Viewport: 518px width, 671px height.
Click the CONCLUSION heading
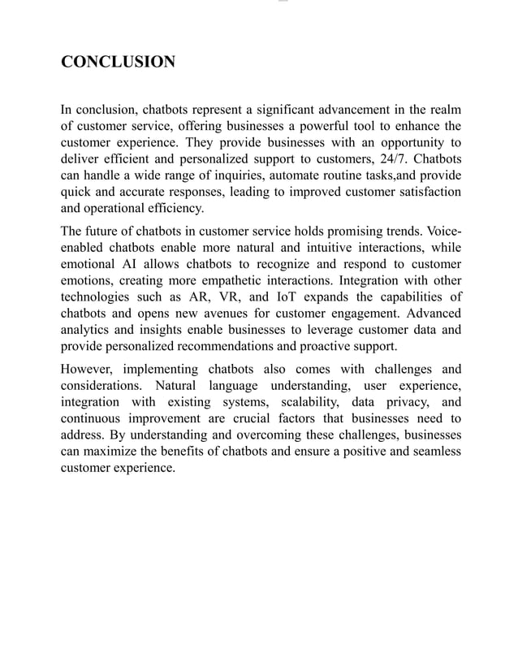tap(119, 62)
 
